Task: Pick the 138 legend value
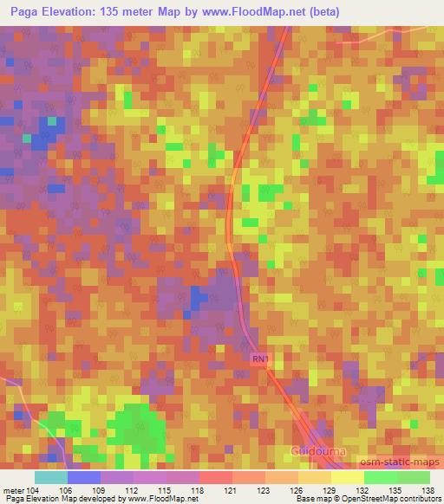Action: click(x=428, y=489)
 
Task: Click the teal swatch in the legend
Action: click(x=50, y=477)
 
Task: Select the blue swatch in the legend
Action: click(x=84, y=477)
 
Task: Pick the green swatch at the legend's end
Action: click(x=414, y=477)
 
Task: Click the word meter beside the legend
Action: click(x=12, y=489)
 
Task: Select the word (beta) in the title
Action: click(x=320, y=11)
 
